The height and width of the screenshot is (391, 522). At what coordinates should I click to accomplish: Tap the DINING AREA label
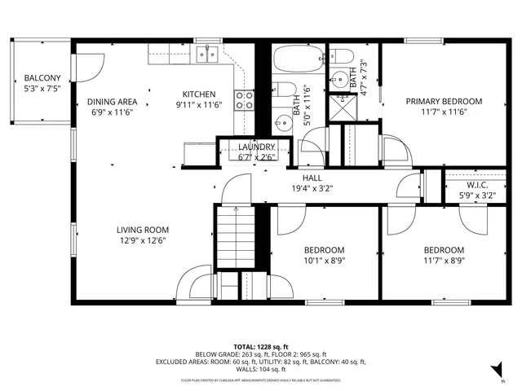[113, 102]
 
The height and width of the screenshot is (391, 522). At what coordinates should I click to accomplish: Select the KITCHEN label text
[198, 94]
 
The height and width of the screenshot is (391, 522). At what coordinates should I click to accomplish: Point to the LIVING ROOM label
[142, 230]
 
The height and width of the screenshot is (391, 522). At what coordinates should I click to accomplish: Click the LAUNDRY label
[257, 147]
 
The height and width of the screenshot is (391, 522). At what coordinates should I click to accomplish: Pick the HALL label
[312, 177]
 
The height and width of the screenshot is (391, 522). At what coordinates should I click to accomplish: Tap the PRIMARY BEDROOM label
[445, 102]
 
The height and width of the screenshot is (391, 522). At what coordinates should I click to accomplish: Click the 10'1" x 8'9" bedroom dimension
[325, 261]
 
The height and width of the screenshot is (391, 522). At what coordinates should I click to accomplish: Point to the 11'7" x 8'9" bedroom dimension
[444, 261]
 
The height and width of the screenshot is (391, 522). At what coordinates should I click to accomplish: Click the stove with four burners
[244, 100]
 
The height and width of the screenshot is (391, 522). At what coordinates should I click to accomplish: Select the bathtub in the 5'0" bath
[299, 59]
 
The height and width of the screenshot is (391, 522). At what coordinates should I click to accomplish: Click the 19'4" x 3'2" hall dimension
[312, 187]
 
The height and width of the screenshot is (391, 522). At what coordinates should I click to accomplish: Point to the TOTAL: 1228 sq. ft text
[260, 345]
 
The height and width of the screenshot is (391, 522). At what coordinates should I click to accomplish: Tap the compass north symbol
[501, 376]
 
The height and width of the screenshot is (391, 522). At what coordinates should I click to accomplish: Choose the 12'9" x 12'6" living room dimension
[142, 240]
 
